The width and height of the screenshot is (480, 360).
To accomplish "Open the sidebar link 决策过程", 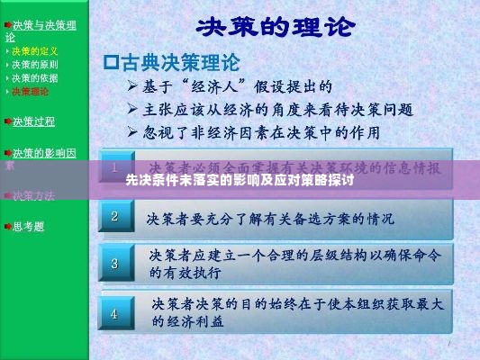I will click(34, 121).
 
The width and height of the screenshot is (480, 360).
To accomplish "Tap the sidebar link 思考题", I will click(29, 226).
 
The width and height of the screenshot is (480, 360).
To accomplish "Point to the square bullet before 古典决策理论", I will click(113, 63).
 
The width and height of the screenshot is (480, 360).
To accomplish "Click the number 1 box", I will click(114, 168).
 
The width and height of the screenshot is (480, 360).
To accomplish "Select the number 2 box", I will click(114, 216).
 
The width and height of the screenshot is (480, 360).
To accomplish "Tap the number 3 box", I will click(114, 264).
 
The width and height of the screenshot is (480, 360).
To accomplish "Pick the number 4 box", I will click(114, 313).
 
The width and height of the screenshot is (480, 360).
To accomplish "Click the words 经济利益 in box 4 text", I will click(186, 321).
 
